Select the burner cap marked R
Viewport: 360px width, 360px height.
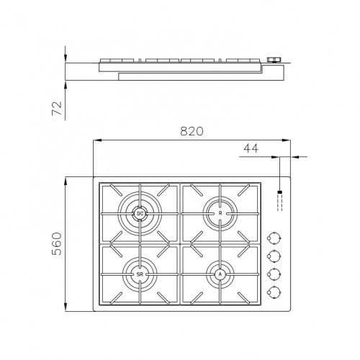coord(220,212)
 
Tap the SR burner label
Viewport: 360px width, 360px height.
coord(140,274)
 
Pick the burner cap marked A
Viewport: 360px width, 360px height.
coord(220,274)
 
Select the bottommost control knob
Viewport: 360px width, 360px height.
coord(274,292)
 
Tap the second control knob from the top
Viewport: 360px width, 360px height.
coord(274,256)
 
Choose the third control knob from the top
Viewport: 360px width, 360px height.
coord(274,274)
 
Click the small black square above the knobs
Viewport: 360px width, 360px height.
coord(279,192)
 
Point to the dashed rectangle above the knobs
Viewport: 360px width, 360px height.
coord(279,202)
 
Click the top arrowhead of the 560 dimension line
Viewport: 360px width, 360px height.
coord(66,179)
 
